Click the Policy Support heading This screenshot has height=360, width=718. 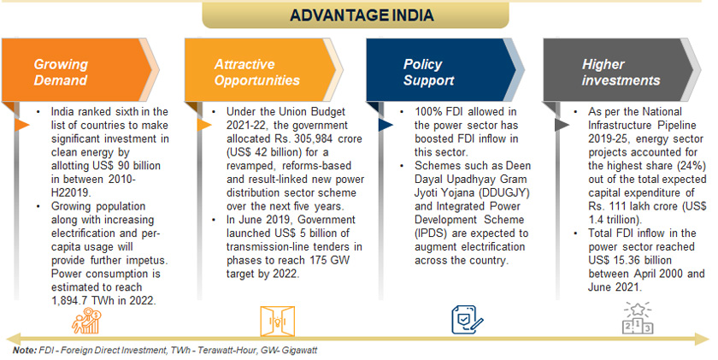coord(428,72)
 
